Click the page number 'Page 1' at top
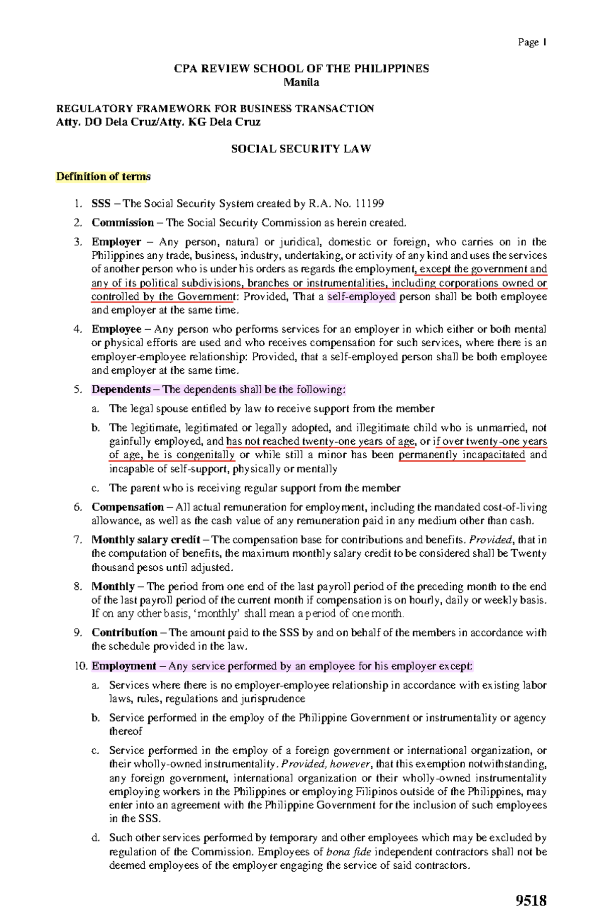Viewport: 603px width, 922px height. click(x=532, y=42)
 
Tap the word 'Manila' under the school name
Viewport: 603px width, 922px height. click(x=301, y=82)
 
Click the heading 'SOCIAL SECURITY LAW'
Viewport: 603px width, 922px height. click(x=300, y=149)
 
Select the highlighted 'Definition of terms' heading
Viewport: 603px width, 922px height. click(x=103, y=176)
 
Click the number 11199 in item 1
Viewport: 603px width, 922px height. click(x=369, y=203)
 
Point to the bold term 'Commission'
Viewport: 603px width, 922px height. click(x=122, y=223)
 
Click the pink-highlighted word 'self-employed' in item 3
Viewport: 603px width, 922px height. click(x=361, y=296)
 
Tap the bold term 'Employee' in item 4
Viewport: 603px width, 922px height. click(x=116, y=329)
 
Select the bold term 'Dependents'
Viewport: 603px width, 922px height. click(x=121, y=389)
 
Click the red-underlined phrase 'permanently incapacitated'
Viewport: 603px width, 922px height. click(x=461, y=455)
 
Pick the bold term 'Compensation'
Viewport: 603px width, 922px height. click(x=127, y=507)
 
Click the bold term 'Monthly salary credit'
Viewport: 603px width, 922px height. click(x=146, y=540)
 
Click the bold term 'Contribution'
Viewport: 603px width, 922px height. click(x=124, y=633)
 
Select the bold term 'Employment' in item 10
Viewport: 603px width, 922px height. click(x=124, y=666)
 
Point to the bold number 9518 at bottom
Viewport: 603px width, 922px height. click(x=531, y=899)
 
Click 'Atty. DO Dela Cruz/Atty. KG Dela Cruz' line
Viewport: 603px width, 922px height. click(x=158, y=122)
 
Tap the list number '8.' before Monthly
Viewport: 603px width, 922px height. click(x=77, y=586)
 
